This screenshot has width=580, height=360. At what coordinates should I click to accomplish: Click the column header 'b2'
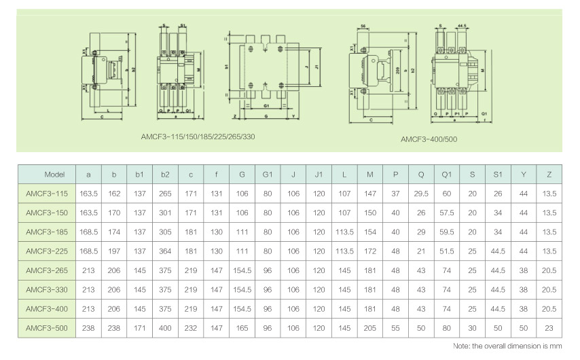coord(165,175)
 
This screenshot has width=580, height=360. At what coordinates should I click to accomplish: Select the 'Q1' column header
coord(447,175)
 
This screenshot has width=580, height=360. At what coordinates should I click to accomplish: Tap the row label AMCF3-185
coord(47,232)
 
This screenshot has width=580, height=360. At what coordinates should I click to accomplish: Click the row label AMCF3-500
coord(47,328)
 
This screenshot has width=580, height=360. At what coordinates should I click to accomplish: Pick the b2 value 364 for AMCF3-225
coord(165,251)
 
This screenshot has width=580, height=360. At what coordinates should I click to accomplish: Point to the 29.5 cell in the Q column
coord(421,194)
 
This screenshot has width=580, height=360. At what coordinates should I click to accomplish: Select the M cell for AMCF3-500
coord(370,328)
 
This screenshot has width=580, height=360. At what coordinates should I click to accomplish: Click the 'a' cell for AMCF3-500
coord(89,328)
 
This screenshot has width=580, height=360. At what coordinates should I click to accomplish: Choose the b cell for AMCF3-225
coord(114,251)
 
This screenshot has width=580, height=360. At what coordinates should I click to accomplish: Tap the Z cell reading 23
coord(549,328)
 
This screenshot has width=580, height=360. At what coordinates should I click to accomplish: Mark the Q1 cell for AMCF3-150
coord(447,213)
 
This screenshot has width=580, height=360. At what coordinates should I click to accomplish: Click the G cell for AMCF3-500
coord(242,328)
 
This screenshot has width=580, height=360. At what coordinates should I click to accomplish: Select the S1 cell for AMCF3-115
coord(498,194)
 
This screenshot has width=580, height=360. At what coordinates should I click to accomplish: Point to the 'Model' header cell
coord(47,175)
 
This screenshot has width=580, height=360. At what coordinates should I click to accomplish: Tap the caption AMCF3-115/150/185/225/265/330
coord(198,135)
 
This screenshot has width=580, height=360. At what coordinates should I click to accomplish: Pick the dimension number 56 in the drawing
coord(364,25)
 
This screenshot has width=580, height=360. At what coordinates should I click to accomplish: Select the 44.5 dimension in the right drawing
coord(463,25)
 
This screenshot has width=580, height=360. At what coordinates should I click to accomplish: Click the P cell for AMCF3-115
coord(395,194)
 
